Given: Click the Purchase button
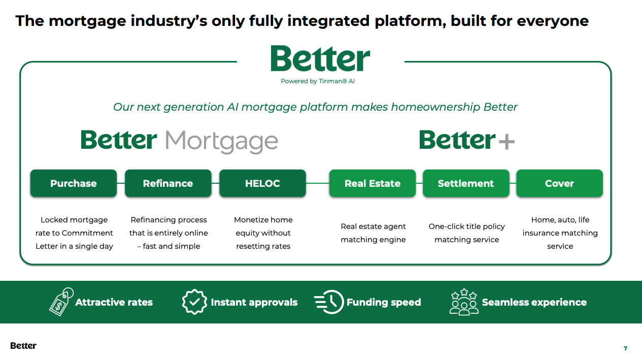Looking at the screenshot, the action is click(74, 183).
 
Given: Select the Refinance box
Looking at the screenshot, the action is click(168, 183).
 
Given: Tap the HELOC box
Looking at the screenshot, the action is click(262, 183).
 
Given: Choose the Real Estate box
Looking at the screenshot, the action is click(373, 183).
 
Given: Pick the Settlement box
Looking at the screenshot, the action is click(466, 183).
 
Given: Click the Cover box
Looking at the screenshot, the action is click(559, 183).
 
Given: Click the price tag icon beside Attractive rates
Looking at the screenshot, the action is click(61, 302).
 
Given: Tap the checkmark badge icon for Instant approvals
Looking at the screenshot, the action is click(194, 302).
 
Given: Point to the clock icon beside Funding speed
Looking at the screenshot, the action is click(329, 302).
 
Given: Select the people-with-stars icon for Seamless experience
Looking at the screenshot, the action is click(464, 302).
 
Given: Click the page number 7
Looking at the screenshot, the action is click(625, 348).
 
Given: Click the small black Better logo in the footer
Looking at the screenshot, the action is click(23, 346).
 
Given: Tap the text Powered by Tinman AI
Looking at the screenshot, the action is click(318, 81).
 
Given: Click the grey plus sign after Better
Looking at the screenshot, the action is click(506, 141).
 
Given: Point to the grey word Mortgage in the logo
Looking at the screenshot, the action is click(221, 142).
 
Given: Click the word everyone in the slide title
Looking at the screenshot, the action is click(553, 21).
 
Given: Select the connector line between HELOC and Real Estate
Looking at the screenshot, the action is click(318, 183).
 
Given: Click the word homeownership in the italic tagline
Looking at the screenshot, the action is click(435, 107).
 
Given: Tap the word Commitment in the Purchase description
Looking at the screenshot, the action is click(87, 233).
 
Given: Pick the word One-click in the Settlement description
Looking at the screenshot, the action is click(444, 226).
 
